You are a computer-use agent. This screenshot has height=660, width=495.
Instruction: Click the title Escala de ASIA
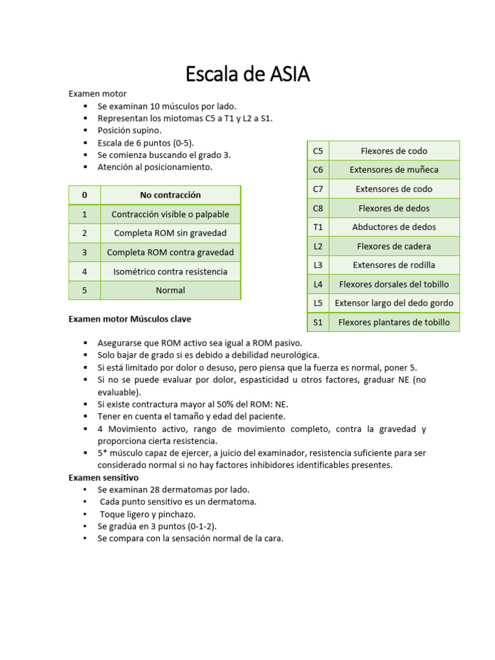tap(247, 74)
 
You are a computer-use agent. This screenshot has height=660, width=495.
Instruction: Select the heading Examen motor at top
tap(98, 93)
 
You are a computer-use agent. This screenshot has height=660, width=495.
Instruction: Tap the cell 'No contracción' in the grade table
tap(170, 195)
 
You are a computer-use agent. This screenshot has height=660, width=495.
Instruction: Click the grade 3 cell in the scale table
tap(84, 252)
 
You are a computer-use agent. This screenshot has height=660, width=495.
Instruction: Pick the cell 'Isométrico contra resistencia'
tap(170, 271)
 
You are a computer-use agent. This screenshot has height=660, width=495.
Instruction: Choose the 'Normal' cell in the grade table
tap(170, 290)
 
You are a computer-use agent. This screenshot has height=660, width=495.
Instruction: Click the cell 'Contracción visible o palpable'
tap(170, 214)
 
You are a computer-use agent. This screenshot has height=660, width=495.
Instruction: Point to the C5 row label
tap(318, 151)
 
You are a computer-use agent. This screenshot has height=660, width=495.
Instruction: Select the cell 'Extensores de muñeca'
tap(394, 170)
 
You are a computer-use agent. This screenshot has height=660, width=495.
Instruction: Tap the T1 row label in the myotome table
tap(318, 227)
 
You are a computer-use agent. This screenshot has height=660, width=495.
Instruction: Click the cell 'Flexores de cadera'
tap(394, 246)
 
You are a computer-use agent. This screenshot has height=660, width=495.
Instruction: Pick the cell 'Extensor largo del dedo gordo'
tap(394, 303)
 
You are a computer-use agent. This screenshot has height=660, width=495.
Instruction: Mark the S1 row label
tap(318, 322)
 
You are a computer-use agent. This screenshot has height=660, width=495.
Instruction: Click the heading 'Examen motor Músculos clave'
tap(130, 319)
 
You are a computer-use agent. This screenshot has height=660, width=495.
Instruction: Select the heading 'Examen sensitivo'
tap(104, 478)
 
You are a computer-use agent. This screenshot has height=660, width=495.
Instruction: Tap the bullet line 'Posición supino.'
tap(130, 130)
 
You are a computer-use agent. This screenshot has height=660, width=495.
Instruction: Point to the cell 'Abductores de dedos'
tap(394, 227)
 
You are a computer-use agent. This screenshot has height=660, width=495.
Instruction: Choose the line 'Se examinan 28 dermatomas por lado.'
tap(173, 490)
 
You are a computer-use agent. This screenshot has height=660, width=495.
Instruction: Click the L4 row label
tap(318, 284)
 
